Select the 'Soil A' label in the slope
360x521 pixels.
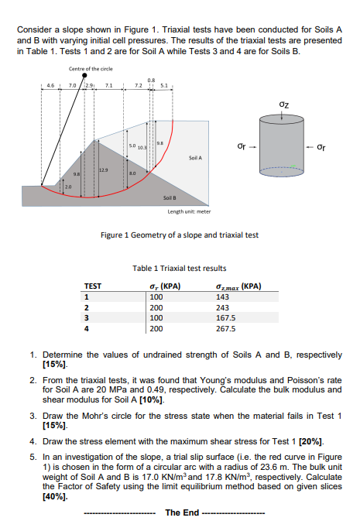(x=195, y=158)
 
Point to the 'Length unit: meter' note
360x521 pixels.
(x=190, y=211)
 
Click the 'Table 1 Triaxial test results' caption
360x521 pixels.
(x=180, y=269)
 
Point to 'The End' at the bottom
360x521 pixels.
(x=182, y=512)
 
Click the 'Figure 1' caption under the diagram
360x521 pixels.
(x=180, y=235)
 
